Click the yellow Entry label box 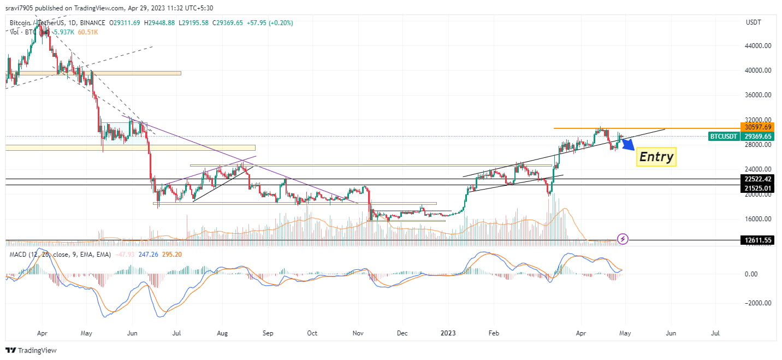coord(656,157)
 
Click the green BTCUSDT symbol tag coord(725,137)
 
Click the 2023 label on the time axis coord(448,333)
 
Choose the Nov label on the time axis coord(358,333)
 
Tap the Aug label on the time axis coord(222,333)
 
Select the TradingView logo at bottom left coord(31,350)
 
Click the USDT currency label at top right coord(754,22)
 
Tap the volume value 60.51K coord(88,32)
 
